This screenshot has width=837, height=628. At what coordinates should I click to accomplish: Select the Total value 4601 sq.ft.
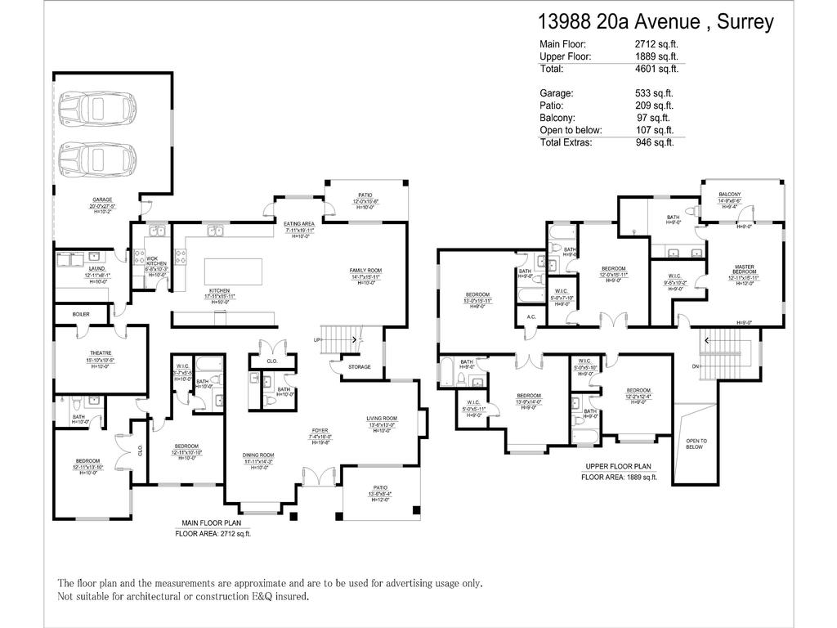pyautogui.click(x=656, y=70)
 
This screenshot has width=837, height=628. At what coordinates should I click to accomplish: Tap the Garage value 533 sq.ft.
pyautogui.click(x=655, y=93)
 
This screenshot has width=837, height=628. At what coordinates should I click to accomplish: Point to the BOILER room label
pyautogui.click(x=80, y=314)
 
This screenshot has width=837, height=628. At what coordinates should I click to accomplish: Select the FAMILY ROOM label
pyautogui.click(x=365, y=271)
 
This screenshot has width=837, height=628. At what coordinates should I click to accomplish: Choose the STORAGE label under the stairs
pyautogui.click(x=359, y=367)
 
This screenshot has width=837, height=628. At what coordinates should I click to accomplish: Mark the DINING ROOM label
pyautogui.click(x=257, y=455)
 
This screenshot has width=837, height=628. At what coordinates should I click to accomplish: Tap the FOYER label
pyautogui.click(x=320, y=431)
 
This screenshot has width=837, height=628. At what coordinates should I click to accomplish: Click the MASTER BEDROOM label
pyautogui.click(x=744, y=269)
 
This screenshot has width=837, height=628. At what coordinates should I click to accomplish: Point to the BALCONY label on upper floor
pyautogui.click(x=730, y=195)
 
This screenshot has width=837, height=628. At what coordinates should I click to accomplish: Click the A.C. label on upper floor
pyautogui.click(x=531, y=317)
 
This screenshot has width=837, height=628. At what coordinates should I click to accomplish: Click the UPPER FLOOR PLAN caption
pyautogui.click(x=618, y=466)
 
